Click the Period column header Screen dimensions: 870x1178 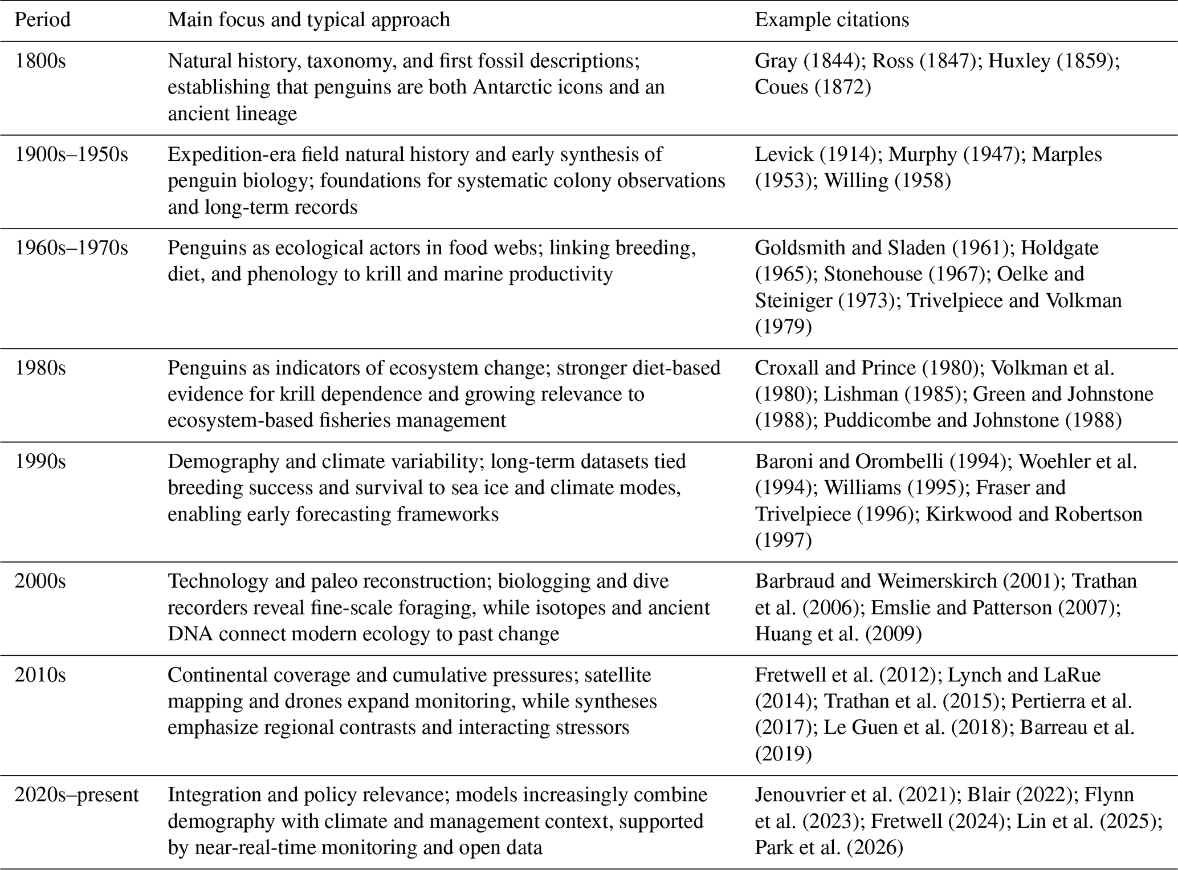point(43,20)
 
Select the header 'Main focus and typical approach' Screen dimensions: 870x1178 point(308,20)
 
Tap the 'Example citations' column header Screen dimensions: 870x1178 point(831,20)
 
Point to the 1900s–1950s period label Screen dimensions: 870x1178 point(71,155)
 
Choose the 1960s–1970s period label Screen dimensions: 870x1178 point(71,248)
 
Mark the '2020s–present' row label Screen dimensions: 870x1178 point(76,794)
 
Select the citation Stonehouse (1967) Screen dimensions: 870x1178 point(904,274)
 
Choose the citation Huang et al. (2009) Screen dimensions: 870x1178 point(838,633)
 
